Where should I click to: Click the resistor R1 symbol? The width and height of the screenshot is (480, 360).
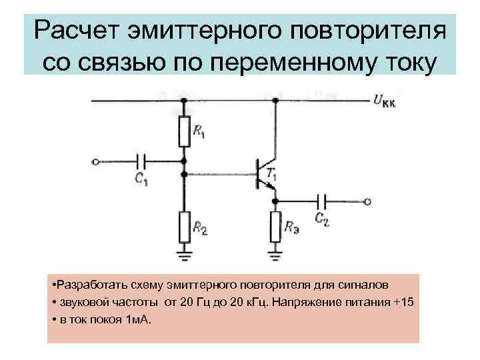[x=183, y=131]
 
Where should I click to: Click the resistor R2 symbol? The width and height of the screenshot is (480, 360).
[x=183, y=226]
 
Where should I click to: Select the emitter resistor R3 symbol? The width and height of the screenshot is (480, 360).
[x=274, y=226]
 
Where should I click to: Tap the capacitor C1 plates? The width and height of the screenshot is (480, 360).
[x=142, y=161]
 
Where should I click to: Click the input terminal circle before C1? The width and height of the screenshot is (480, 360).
[x=96, y=161]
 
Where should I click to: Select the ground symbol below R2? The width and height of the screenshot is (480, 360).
[x=183, y=254]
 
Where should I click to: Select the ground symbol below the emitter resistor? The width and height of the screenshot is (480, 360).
[x=274, y=254]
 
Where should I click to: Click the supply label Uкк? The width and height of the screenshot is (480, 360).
[x=385, y=102]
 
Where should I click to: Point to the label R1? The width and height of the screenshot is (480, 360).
[x=199, y=133]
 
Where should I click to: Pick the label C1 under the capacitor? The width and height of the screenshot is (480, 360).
[x=141, y=179]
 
